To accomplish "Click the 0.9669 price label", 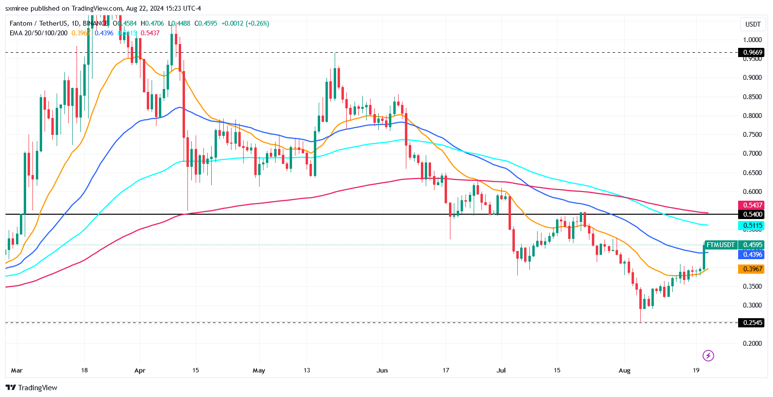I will (752, 52).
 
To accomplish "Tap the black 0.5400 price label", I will (752, 214).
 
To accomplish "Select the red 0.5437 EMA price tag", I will (752, 205).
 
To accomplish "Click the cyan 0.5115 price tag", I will (752, 225).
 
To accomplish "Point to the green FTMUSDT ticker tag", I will (720, 245).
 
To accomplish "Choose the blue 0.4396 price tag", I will (752, 254).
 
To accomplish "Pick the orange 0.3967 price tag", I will (752, 269).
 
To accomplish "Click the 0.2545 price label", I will (752, 323).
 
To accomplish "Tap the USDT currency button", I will (753, 24).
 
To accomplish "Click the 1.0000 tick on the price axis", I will (752, 40).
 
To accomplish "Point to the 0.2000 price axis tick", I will (752, 343).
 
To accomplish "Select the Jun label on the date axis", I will (382, 370).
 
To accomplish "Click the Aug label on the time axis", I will (624, 370).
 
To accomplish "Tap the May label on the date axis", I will (259, 370).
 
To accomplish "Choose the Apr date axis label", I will (139, 370).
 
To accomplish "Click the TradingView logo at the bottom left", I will (31, 387).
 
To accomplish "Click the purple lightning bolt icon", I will (708, 356).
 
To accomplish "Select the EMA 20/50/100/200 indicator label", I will (39, 33).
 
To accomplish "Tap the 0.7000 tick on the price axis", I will (752, 153).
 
